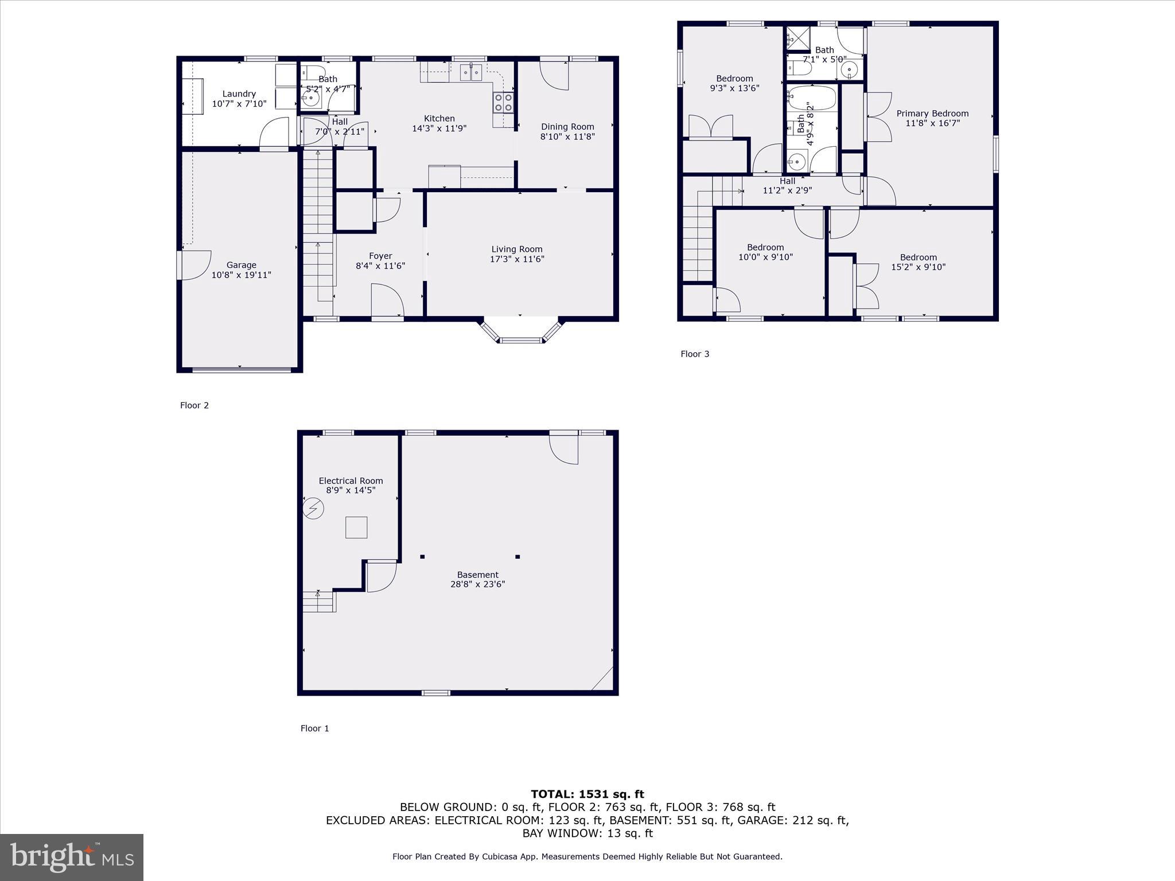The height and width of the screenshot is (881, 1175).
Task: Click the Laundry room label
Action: (x=239, y=93)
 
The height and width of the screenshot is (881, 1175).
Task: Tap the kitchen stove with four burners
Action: (x=503, y=103)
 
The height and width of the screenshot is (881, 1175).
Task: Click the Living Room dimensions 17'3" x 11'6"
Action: (x=516, y=259)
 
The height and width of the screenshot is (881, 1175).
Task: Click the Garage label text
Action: (x=241, y=265)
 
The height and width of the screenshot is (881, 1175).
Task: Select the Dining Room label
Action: (x=567, y=127)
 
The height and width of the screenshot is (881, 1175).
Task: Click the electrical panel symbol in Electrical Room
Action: (x=314, y=508)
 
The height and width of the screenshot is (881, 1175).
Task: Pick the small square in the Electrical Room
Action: (x=356, y=527)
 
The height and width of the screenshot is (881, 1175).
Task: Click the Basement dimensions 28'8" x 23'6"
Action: (x=477, y=584)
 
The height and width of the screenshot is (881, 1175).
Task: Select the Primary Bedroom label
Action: (x=932, y=114)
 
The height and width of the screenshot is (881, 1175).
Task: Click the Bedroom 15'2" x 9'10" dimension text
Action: (x=918, y=267)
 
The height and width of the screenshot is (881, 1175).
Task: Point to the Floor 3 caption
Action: (x=695, y=354)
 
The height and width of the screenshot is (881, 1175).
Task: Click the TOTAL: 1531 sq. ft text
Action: (x=587, y=794)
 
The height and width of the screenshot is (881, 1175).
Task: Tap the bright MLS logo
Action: (x=72, y=857)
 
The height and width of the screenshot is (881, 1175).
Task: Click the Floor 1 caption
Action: (x=314, y=728)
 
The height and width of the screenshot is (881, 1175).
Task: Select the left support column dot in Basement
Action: (x=422, y=556)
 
